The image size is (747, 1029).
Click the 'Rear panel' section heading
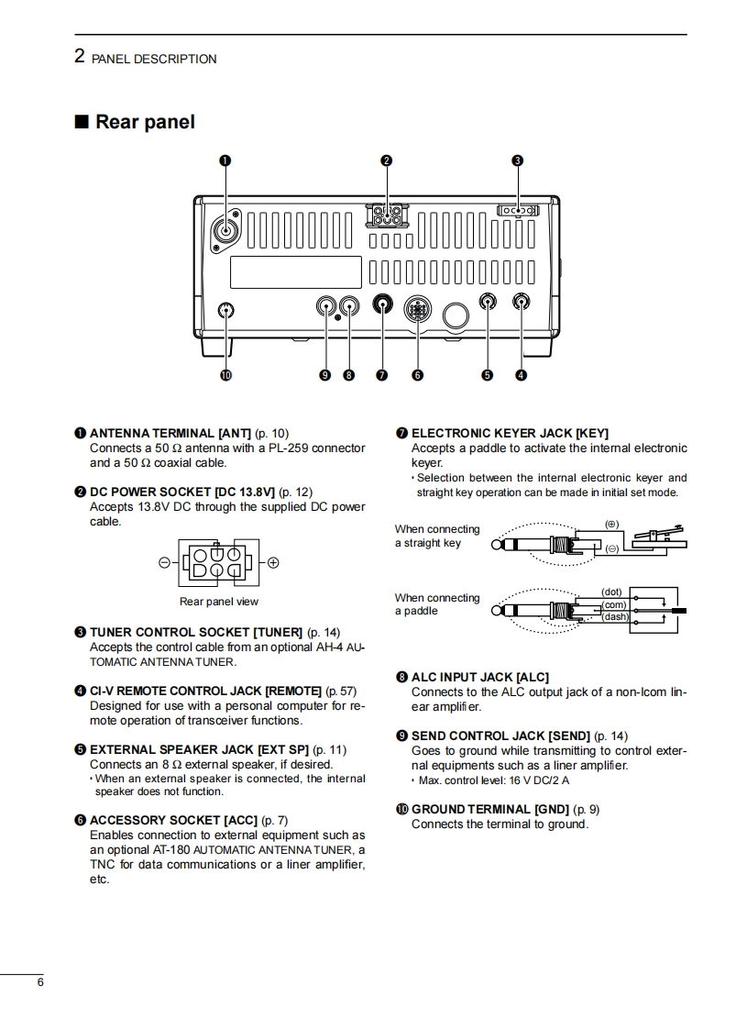(x=144, y=122)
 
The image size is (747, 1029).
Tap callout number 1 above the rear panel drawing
(x=225, y=160)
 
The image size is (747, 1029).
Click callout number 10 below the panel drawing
(x=225, y=374)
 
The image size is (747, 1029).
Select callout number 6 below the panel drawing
(x=417, y=374)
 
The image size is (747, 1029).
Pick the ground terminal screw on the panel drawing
(x=226, y=310)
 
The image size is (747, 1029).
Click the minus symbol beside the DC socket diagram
(x=164, y=562)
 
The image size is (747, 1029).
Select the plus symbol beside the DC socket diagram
(x=273, y=562)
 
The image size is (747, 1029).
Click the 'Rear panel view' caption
(x=219, y=602)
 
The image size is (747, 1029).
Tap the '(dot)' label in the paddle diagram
(x=611, y=592)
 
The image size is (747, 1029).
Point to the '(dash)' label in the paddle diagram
(x=615, y=617)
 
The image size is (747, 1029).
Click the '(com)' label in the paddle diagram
(x=613, y=604)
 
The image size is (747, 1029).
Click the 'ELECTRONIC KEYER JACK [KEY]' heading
(x=510, y=433)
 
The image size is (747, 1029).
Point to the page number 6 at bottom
(x=40, y=982)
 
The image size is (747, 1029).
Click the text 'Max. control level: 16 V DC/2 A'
(x=493, y=780)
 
